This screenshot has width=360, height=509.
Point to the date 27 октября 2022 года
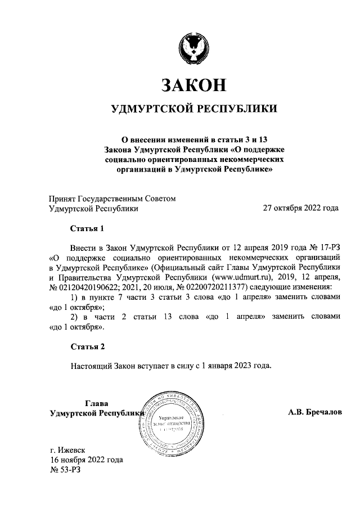pos(301,208)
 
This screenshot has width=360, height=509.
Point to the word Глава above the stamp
pos(96,403)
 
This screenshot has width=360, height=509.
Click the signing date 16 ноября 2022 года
pos(86,460)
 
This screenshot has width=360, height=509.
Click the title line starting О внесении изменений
pos(193,139)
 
